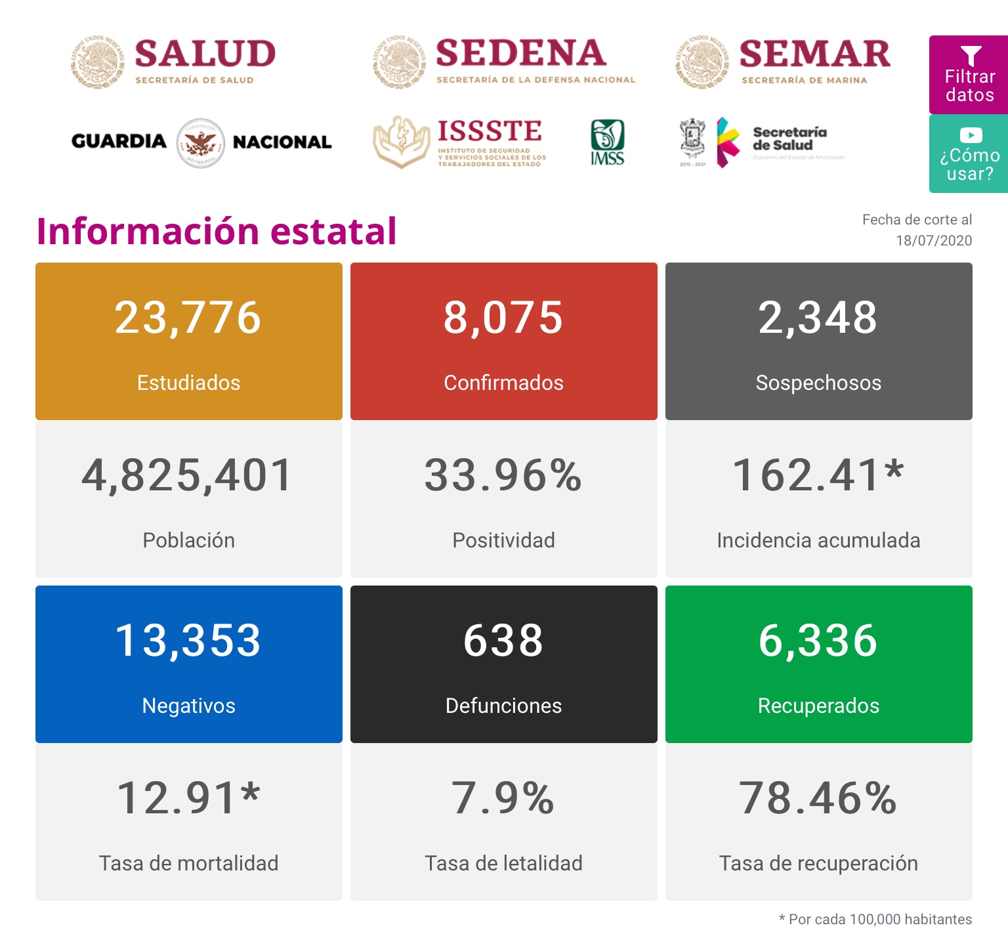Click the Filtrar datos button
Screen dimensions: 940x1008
tap(969, 75)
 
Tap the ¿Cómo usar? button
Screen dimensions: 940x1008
tap(969, 154)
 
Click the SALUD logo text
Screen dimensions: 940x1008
tap(205, 54)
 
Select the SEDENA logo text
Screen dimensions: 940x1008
tap(520, 54)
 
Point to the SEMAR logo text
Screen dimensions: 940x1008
tap(814, 54)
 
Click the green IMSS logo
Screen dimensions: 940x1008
tap(607, 142)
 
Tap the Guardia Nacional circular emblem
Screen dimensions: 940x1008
tap(201, 142)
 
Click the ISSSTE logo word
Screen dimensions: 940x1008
tap(490, 131)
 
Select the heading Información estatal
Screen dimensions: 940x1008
tap(217, 231)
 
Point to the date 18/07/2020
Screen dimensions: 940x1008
tap(933, 240)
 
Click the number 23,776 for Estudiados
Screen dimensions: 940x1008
tap(188, 318)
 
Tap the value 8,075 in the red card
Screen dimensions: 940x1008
tap(503, 318)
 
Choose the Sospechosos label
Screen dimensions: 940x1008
tap(818, 383)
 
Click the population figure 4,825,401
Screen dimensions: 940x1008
tap(188, 476)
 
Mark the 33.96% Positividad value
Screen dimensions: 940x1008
tap(503, 476)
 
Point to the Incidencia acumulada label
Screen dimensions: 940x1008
tap(818, 540)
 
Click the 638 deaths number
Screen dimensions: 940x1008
tap(503, 641)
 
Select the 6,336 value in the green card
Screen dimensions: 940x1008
tap(818, 641)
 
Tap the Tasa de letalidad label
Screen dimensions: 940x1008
tap(503, 863)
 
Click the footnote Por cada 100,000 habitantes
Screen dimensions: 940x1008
tap(879, 919)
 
